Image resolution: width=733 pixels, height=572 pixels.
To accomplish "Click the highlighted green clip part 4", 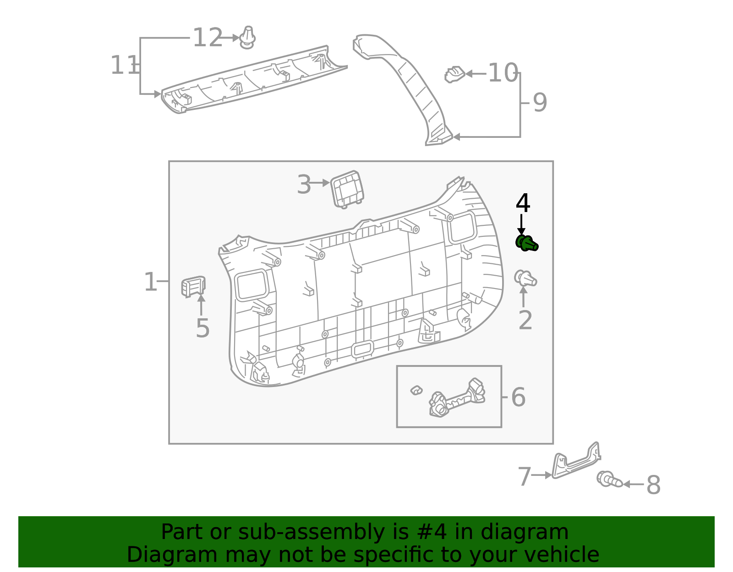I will coord(526,243).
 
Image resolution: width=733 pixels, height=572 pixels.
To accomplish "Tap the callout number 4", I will coord(523,203).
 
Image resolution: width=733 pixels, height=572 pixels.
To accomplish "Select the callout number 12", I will coord(207,38).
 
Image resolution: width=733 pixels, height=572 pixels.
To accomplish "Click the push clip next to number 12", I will coord(247,38).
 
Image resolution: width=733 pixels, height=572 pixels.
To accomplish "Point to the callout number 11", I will coord(124,65).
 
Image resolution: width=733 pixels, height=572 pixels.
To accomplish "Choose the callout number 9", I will coord(540,103).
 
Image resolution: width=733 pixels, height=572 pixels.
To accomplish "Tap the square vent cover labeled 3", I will coord(347,189).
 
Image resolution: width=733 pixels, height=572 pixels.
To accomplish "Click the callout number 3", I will coord(304,185).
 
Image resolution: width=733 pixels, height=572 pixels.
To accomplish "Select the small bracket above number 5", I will coord(193,286).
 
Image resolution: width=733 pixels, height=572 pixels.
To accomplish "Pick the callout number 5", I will coord(202,328).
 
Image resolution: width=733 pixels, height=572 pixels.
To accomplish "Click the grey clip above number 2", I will coord(525,278).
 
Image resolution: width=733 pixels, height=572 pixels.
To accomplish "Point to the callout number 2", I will coord(525,320).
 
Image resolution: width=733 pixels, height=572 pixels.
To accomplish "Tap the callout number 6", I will coord(518,397).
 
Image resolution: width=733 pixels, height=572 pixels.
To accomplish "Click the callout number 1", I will coord(150,282).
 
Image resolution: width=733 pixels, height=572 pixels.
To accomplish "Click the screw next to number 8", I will coord(609,480).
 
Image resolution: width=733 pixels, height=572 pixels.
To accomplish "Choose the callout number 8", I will coord(653,485).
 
